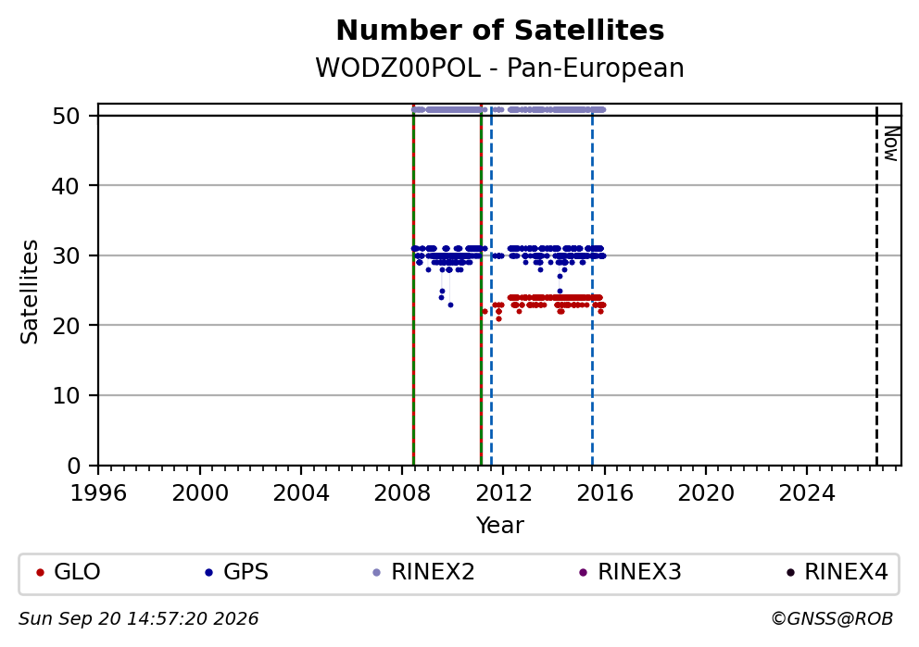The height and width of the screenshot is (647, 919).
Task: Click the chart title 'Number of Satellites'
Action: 500,31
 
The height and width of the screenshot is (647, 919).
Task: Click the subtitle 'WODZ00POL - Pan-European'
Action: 500,68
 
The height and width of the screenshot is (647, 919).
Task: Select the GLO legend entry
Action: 69,571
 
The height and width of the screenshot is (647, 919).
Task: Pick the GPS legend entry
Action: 237,571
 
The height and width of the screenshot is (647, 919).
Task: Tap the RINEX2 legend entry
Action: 423,571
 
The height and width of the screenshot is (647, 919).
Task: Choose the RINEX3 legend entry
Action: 630,571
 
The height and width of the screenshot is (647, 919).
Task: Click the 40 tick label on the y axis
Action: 66,186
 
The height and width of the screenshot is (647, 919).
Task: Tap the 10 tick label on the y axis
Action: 66,396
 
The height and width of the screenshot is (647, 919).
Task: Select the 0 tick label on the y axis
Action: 74,467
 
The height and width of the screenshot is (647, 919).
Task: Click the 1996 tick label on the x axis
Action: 98,493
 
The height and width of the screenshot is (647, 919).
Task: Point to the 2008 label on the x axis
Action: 402,493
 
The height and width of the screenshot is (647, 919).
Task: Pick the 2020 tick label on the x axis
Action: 706,493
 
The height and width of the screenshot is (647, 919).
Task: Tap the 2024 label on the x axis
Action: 807,493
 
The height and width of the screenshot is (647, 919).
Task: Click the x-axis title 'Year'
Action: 500,525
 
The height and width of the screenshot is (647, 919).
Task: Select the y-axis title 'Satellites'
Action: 30,292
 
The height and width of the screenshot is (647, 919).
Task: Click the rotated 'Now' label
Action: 891,144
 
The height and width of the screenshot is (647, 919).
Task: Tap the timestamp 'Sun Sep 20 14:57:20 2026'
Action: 138,619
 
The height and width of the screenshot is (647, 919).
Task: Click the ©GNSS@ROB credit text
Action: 832,619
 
